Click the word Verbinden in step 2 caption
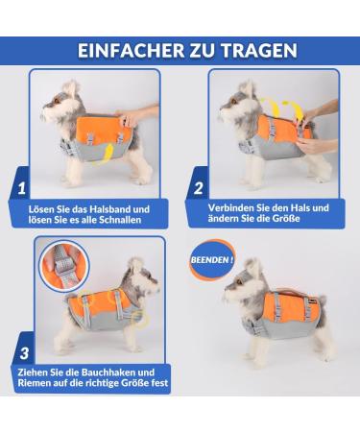tap(239, 207)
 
